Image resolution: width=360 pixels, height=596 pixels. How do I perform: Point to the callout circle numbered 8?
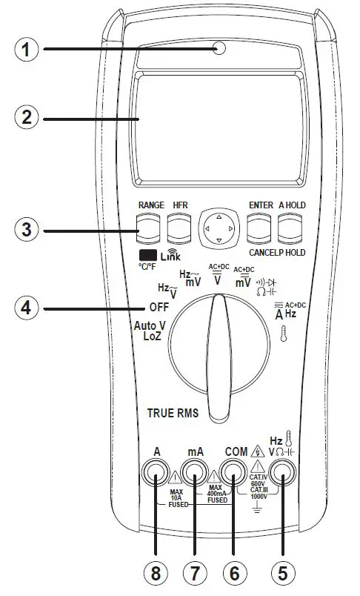[156, 574]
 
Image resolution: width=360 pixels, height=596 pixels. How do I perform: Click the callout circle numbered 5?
[282, 574]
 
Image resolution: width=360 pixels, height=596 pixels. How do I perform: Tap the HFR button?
[179, 229]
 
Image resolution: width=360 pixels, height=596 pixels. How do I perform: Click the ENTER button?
[259, 229]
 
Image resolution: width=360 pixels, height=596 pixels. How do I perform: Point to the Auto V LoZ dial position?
[148, 331]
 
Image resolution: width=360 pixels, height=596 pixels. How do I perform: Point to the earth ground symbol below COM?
[255, 506]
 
